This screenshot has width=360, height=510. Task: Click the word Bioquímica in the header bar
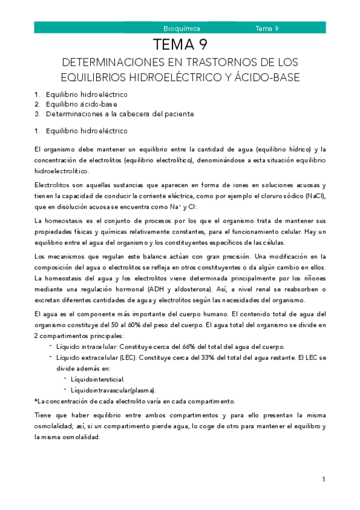(x=182, y=28)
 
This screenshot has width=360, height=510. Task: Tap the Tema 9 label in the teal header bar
(x=267, y=28)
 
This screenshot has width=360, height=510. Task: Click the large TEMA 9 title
(x=180, y=45)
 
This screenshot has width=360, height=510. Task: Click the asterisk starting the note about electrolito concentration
(x=36, y=401)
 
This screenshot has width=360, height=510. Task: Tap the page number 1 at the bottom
(x=323, y=479)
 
